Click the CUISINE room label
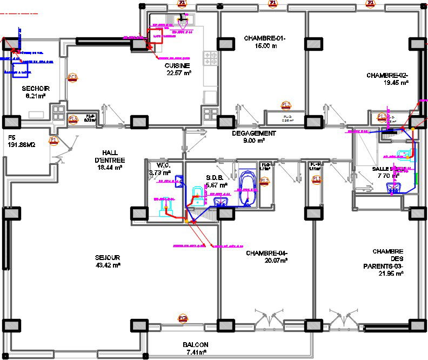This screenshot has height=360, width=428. point(178,65)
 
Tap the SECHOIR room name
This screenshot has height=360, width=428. point(36,88)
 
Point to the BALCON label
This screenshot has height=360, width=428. point(195,344)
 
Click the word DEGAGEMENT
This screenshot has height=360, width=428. point(253,133)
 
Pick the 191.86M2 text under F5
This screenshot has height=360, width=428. point(22,145)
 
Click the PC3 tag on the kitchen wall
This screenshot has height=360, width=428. point(72,77)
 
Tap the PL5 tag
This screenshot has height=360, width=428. point(73,119)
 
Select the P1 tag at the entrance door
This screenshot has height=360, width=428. point(53,140)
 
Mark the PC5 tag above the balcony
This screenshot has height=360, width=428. point(183,318)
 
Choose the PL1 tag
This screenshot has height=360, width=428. point(317,179)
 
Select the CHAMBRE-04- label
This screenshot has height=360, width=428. point(267,253)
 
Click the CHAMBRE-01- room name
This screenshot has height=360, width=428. point(264,38)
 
